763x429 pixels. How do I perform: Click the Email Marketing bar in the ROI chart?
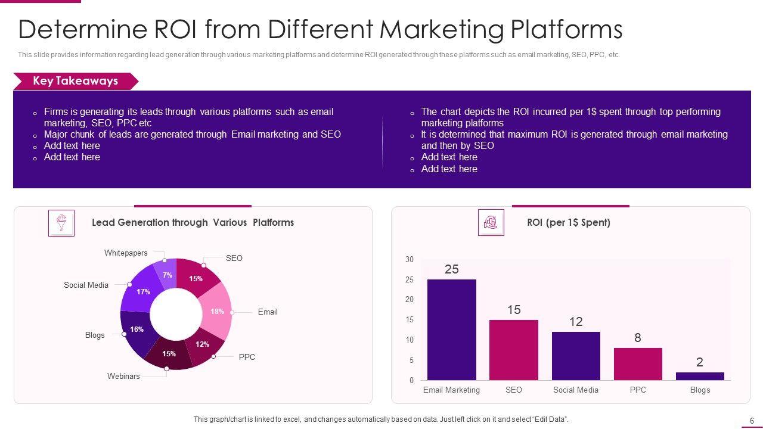pyautogui.click(x=451, y=329)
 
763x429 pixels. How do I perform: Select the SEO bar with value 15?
pyautogui.click(x=513, y=350)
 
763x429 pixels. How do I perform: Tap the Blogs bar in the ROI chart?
pyautogui.click(x=700, y=376)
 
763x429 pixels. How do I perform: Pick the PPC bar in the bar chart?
pyautogui.click(x=638, y=363)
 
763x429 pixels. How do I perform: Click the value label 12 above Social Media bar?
pyautogui.click(x=576, y=322)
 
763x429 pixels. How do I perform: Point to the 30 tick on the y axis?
pyautogui.click(x=410, y=260)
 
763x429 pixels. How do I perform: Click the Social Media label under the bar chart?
pyautogui.click(x=576, y=390)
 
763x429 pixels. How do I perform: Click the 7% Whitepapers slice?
pyautogui.click(x=168, y=274)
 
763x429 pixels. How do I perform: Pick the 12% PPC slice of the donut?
pyautogui.click(x=203, y=344)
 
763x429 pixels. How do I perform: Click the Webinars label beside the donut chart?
pyautogui.click(x=123, y=376)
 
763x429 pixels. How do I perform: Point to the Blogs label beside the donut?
pyautogui.click(x=95, y=335)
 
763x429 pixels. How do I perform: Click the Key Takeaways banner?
pyautogui.click(x=75, y=81)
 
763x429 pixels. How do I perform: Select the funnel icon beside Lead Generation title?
pyautogui.click(x=61, y=223)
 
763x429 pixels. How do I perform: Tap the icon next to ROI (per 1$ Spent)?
pyautogui.click(x=491, y=223)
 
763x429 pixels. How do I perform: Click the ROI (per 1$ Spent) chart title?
pyautogui.click(x=568, y=222)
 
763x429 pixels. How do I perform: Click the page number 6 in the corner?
pyautogui.click(x=752, y=420)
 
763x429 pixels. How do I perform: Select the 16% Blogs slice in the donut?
pyautogui.click(x=137, y=329)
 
